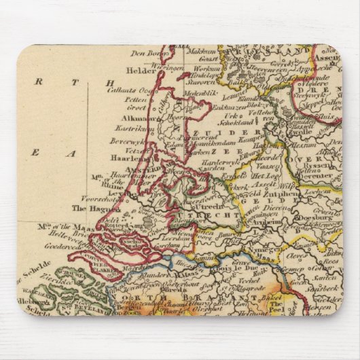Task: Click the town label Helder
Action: pyautogui.click(x=138, y=70)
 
